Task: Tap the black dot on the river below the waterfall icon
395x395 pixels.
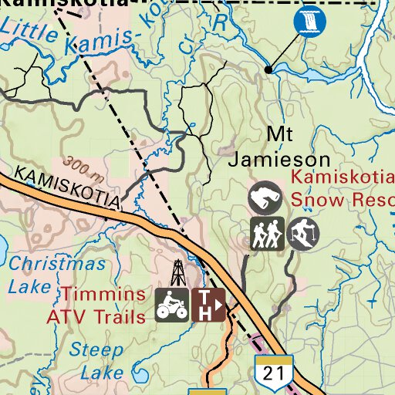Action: pos(268,69)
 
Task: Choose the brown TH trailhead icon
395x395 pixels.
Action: pos(208,304)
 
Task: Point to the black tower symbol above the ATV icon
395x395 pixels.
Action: pos(178,272)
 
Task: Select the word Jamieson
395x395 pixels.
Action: pos(280,160)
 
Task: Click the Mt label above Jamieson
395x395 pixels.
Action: pos(280,134)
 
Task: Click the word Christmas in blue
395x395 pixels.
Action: pos(57,264)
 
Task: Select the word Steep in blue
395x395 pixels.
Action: pos(96,349)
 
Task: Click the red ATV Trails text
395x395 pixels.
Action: pos(96,316)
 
